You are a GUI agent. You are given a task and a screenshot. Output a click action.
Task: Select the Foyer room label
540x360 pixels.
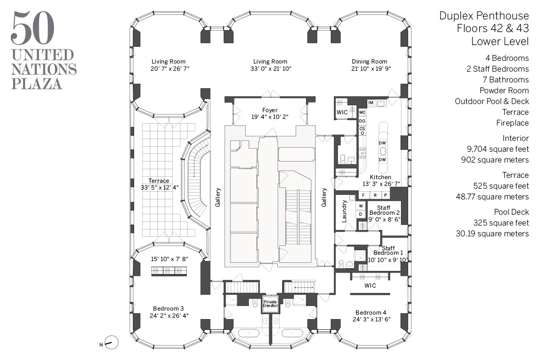[270, 110]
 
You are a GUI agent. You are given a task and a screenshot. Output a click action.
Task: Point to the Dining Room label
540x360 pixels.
[369, 62]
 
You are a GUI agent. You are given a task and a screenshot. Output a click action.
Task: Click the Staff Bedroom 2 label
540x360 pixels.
[384, 210]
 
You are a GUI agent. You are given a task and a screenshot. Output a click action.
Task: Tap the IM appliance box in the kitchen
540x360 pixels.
[371, 103]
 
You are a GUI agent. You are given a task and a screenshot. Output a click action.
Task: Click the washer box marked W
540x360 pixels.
[360, 206]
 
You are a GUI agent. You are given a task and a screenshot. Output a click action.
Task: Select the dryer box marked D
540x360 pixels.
[360, 214]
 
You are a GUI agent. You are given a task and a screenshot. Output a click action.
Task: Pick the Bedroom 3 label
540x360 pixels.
[168, 308]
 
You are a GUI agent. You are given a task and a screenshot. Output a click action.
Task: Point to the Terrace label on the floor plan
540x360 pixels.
[159, 181]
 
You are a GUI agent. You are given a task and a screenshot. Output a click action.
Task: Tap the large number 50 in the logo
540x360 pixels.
[33, 28]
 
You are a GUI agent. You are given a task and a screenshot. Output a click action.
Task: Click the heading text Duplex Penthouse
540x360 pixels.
[484, 16]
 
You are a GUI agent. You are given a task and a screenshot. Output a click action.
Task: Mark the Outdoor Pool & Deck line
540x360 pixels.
[492, 101]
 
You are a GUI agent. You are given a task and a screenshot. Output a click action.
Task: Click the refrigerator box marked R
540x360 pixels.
[374, 195]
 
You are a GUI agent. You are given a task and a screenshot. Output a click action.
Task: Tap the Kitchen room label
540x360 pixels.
[380, 177]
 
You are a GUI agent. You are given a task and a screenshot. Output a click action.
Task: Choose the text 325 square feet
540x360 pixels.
[501, 223]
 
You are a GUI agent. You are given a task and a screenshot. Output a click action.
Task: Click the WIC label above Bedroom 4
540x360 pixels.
[370, 285]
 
